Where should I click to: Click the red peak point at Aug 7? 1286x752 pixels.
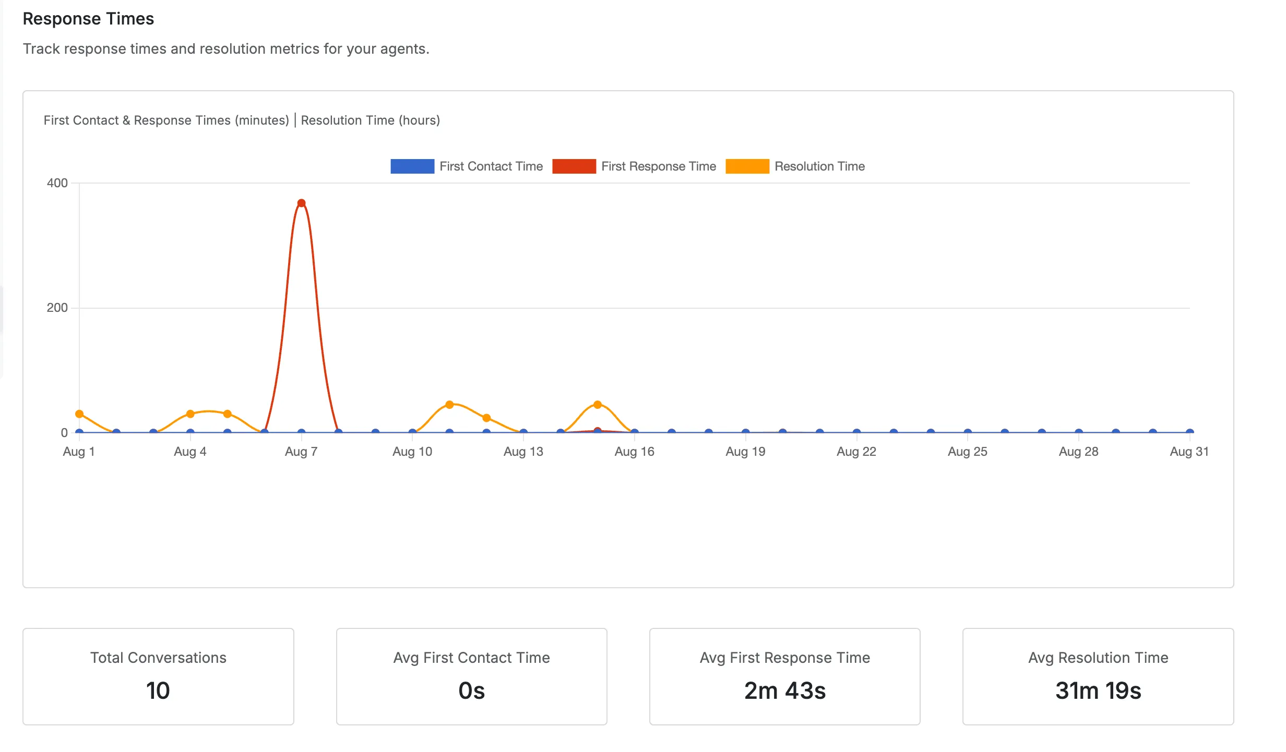[x=301, y=203]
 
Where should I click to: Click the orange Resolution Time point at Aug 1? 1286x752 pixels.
[x=79, y=414]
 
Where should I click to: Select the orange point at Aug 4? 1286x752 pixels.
[x=190, y=414]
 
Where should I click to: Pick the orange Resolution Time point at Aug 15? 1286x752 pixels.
[x=598, y=405]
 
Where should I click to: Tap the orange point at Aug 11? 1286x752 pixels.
[x=449, y=405]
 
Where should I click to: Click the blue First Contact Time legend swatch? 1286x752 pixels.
[x=412, y=166]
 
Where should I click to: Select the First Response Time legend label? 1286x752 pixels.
[x=659, y=166]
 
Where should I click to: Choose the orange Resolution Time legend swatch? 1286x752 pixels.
[x=747, y=166]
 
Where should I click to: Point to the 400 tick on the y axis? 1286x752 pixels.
[x=57, y=183]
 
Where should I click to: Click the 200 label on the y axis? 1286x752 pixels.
[x=57, y=308]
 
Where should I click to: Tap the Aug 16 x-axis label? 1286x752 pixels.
[x=634, y=452]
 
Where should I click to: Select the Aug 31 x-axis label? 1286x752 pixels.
[x=1189, y=452]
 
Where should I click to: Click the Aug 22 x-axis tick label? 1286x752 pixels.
[x=856, y=452]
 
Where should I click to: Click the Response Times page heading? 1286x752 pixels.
[x=88, y=19]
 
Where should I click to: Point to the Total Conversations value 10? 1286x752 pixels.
[x=158, y=690]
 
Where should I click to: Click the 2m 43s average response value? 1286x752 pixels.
[x=785, y=690]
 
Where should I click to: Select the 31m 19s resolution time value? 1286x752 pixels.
[x=1098, y=690]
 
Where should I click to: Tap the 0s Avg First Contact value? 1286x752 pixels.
[x=472, y=690]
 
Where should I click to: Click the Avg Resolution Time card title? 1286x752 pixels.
[x=1098, y=658]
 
